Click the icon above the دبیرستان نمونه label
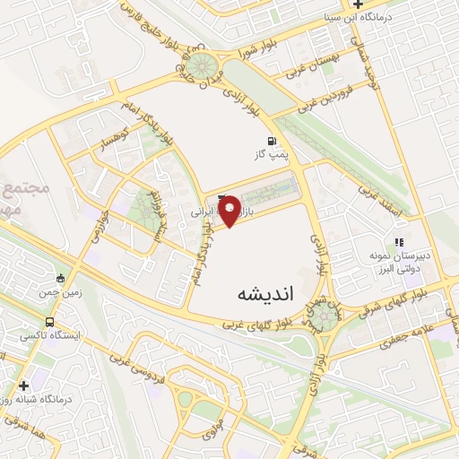[400, 241]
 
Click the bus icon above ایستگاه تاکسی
[49, 321]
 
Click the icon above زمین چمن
[60, 277]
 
